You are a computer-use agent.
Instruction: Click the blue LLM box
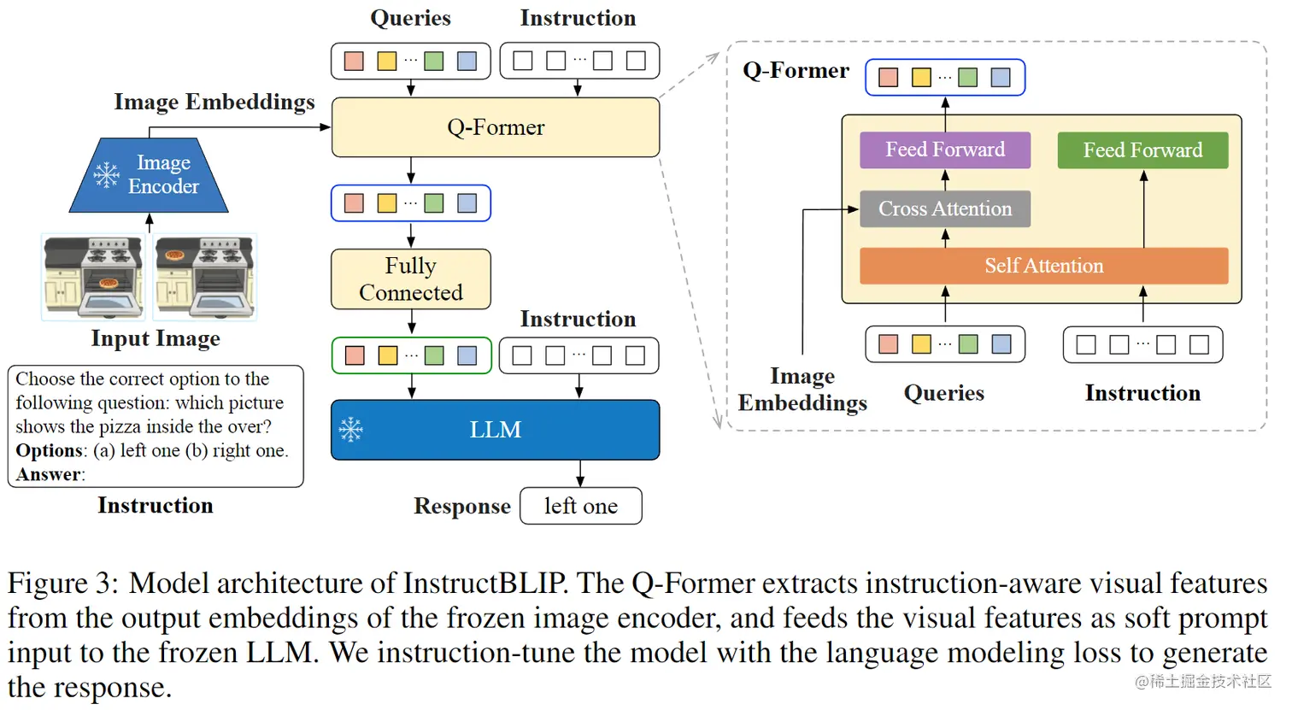495,430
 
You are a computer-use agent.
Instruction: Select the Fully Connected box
410,279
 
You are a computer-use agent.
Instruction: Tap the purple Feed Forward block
944,150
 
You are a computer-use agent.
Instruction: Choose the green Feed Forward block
1142,150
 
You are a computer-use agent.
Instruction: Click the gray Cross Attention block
944,209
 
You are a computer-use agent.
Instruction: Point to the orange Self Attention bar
1043,266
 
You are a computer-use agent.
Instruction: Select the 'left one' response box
580,506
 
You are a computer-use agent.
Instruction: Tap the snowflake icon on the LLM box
351,430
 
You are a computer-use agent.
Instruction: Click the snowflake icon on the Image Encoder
106,174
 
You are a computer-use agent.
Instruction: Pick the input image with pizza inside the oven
93,277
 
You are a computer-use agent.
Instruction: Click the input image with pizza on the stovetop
205,277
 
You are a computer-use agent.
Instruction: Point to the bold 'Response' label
461,506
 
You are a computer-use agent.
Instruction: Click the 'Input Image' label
156,338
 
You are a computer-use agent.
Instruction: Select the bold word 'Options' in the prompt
49,450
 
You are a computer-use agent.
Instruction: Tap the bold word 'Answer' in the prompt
48,474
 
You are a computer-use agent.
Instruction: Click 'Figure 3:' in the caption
63,583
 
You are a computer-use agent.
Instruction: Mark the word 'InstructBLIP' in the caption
484,583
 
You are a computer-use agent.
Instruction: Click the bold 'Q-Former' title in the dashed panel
796,70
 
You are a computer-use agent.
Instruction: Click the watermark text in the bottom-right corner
1202,681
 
